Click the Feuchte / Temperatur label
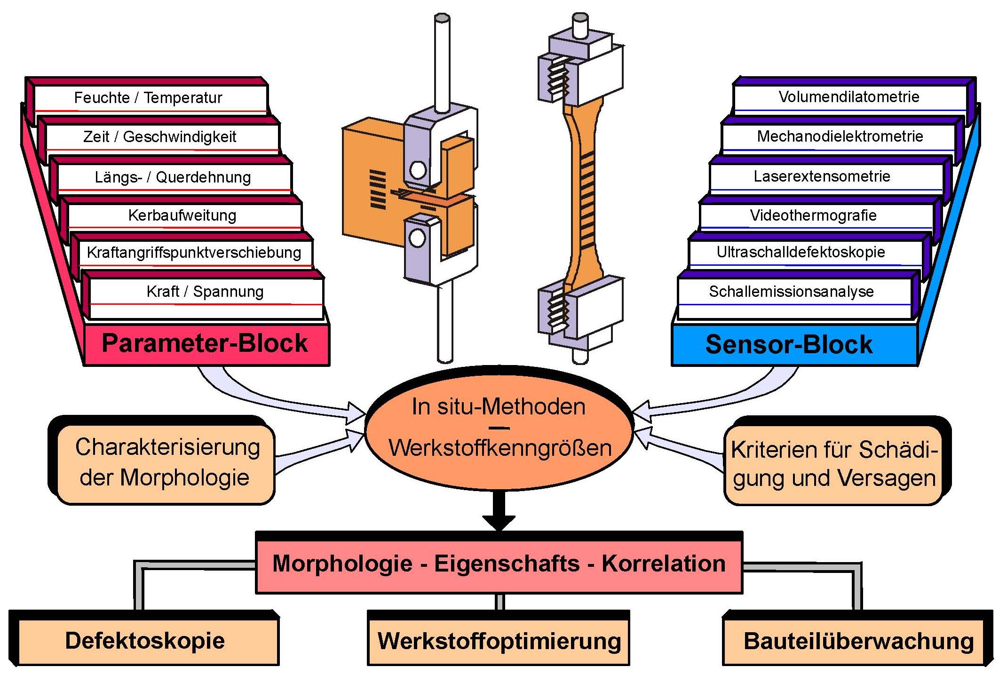pyautogui.click(x=148, y=98)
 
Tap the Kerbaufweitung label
pyautogui.click(x=182, y=215)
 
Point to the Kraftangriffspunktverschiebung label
pyautogui.click(x=194, y=253)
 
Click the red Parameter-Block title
pyautogui.click(x=205, y=343)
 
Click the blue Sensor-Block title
pyautogui.click(x=789, y=344)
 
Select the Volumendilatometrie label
pyautogui.click(x=849, y=97)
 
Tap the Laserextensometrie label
pyautogui.click(x=822, y=176)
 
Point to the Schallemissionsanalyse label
pyautogui.click(x=791, y=292)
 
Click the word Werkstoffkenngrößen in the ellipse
pyautogui.click(x=500, y=448)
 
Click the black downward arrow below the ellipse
pyautogui.click(x=499, y=510)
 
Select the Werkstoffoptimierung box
pyautogui.click(x=499, y=642)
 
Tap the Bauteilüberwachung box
pyautogui.click(x=853, y=642)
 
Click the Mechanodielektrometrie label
pyautogui.click(x=840, y=136)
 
